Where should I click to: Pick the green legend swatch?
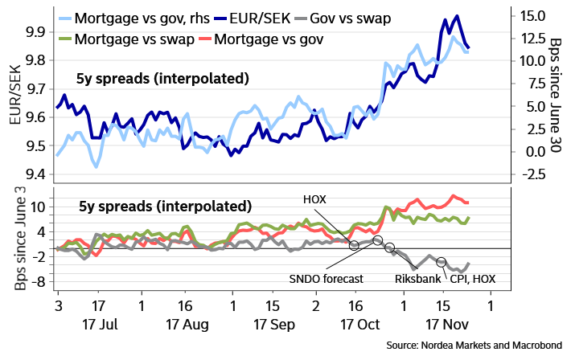65,38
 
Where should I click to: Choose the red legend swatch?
204,38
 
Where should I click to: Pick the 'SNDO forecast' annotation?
327,279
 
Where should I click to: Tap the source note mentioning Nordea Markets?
474,345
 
